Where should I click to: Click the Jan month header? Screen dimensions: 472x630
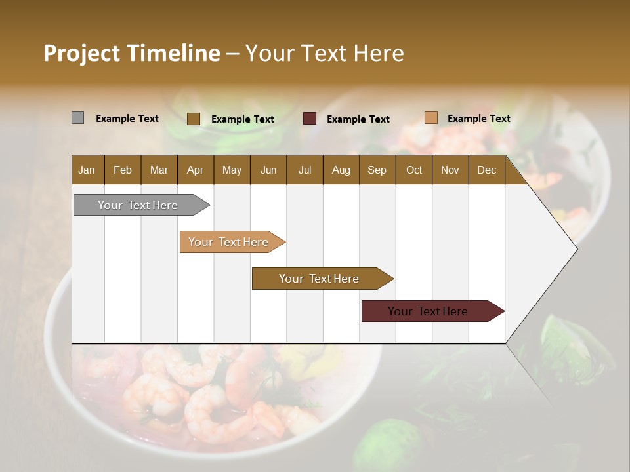click(x=87, y=170)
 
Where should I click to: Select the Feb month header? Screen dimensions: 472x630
click(x=123, y=170)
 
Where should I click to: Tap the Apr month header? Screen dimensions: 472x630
click(x=195, y=170)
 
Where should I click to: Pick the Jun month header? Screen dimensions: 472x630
click(x=268, y=170)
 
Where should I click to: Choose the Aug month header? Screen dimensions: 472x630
click(x=341, y=170)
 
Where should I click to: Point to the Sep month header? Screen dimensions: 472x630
click(x=377, y=170)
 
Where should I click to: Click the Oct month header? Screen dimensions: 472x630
click(x=414, y=170)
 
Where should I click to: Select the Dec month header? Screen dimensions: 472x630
click(x=486, y=170)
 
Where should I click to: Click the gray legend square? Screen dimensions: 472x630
click(x=77, y=118)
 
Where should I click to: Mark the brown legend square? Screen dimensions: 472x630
click(x=193, y=119)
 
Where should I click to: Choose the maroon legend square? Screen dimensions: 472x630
click(x=310, y=119)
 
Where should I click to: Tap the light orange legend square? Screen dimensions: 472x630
click(x=430, y=118)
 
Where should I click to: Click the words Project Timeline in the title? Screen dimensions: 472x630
click(x=131, y=53)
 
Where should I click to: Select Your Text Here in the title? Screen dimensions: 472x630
click(x=324, y=53)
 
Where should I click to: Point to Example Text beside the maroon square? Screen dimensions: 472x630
click(x=358, y=119)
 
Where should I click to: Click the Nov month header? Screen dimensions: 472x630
click(x=450, y=170)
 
